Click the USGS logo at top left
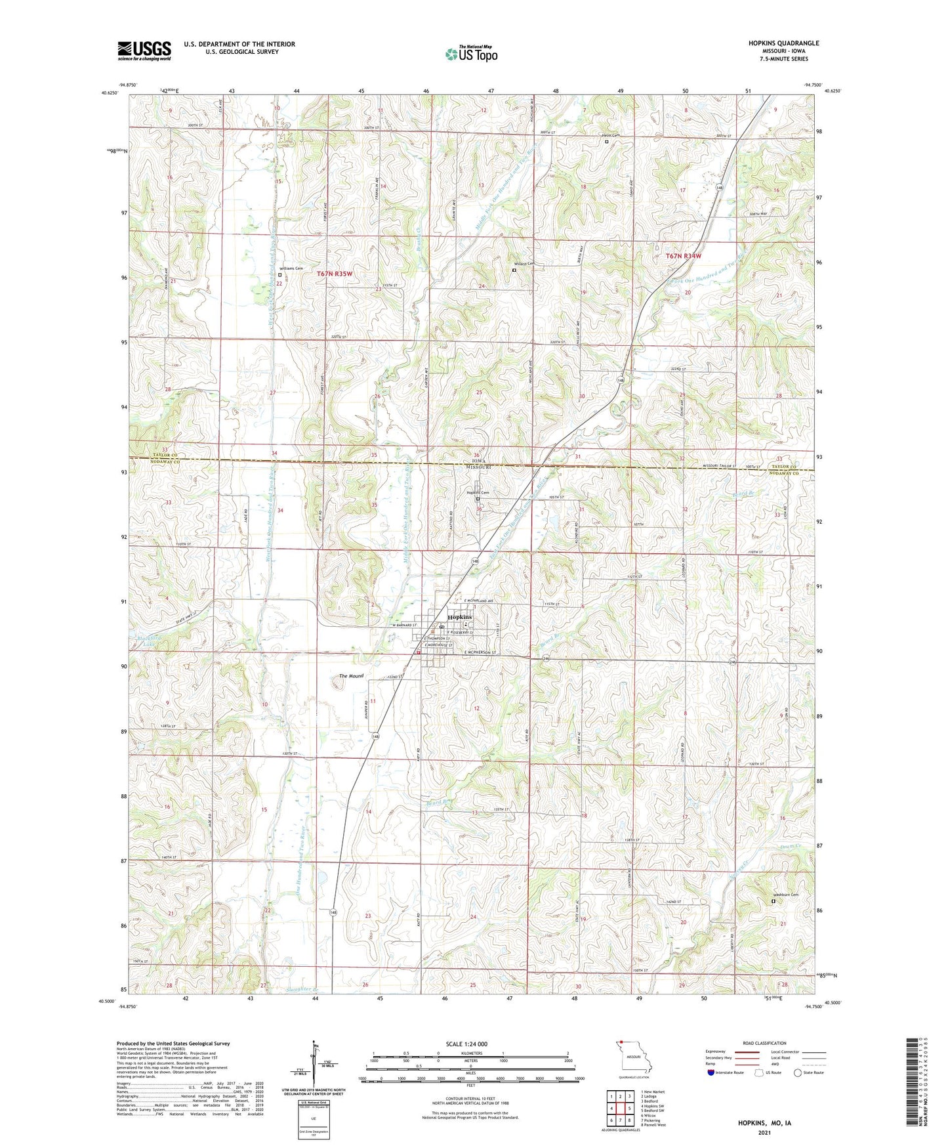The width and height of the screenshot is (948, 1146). [144, 51]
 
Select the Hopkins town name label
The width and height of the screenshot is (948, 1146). [459, 618]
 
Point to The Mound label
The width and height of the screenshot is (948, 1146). [351, 676]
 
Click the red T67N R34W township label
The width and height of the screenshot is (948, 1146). [684, 256]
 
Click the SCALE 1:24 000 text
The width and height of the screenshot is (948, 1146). [466, 1044]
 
